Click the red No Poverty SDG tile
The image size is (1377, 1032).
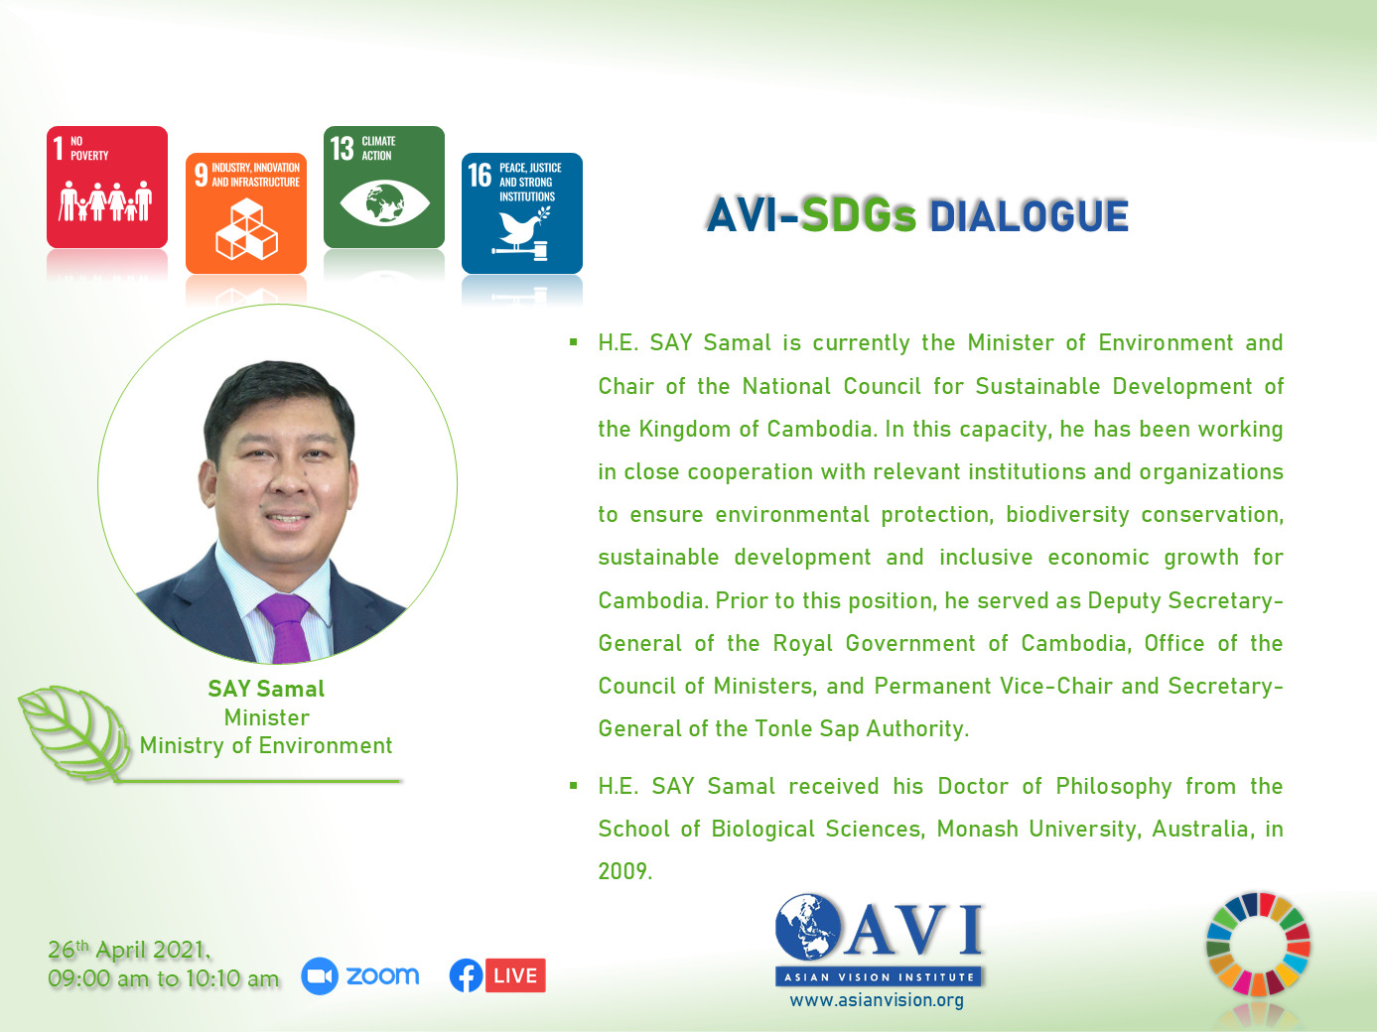(x=107, y=187)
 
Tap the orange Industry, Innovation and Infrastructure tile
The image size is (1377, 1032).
(x=246, y=213)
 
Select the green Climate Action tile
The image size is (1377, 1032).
(x=384, y=187)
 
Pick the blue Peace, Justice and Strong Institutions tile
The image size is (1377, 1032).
(x=522, y=213)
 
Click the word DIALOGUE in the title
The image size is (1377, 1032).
(x=1029, y=216)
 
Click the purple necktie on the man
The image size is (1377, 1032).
(x=287, y=627)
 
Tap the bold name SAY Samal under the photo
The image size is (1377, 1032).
(x=266, y=689)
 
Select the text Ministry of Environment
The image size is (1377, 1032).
(x=266, y=745)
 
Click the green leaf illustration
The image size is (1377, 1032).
(x=74, y=731)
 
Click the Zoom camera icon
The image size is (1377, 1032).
(x=320, y=976)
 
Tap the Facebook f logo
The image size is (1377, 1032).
(x=466, y=975)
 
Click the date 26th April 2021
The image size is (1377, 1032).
(x=129, y=950)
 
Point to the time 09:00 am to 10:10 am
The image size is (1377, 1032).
(x=164, y=978)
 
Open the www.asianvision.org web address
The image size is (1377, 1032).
(x=877, y=1000)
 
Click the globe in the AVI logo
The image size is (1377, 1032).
(x=808, y=927)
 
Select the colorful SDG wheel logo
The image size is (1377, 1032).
(x=1259, y=945)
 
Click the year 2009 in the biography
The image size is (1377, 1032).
(x=625, y=871)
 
